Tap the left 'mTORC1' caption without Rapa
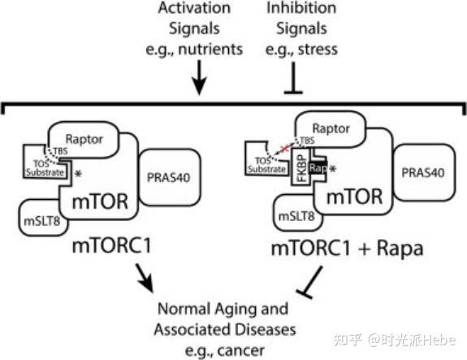pyautogui.click(x=95, y=245)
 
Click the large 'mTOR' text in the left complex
pyautogui.click(x=99, y=198)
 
